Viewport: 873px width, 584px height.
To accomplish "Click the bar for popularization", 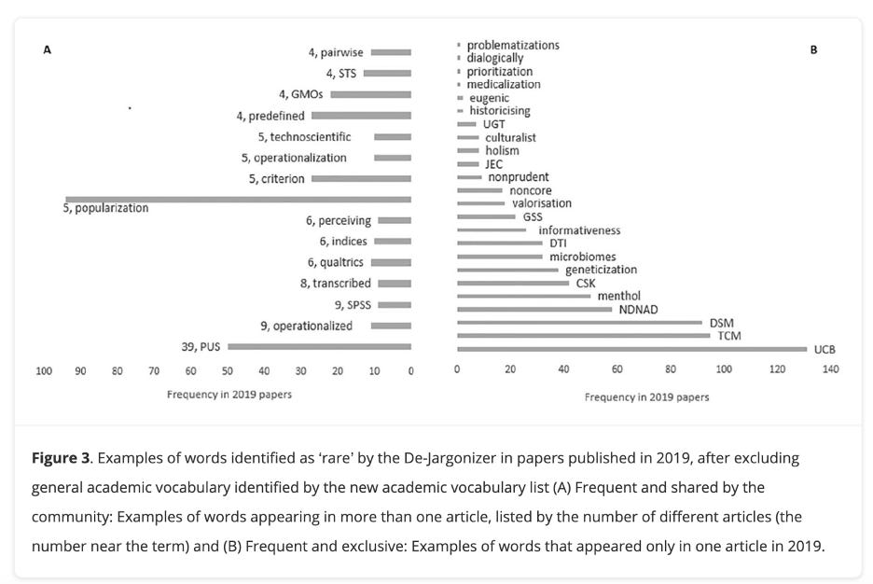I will click(x=238, y=199).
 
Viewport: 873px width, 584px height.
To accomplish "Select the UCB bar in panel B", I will click(x=631, y=349).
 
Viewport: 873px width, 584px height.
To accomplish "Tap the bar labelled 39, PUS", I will click(x=319, y=346).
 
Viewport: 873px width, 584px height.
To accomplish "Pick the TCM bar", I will click(x=583, y=336).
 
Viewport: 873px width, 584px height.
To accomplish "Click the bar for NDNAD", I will click(x=534, y=309).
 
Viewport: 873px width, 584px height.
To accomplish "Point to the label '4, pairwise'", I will click(x=336, y=52).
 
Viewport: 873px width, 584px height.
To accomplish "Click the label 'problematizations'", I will click(x=513, y=45).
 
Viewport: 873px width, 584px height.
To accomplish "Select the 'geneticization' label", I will click(x=601, y=270).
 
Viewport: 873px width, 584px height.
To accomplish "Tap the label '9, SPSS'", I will click(x=353, y=305).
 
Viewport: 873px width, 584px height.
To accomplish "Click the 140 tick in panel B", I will click(x=830, y=369).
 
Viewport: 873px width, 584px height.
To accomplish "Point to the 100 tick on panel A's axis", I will click(x=44, y=370).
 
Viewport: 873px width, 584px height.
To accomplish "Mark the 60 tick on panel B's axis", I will click(x=617, y=369).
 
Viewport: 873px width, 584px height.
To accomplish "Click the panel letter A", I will click(x=47, y=49).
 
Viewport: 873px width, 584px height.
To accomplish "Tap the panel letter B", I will click(x=813, y=49).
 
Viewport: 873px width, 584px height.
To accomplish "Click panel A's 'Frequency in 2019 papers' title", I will click(x=229, y=395).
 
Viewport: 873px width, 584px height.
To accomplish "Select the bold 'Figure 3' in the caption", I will click(x=61, y=458).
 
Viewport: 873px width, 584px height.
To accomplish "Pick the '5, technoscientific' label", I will click(x=304, y=137).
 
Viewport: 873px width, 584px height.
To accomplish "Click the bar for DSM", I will click(x=579, y=323).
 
